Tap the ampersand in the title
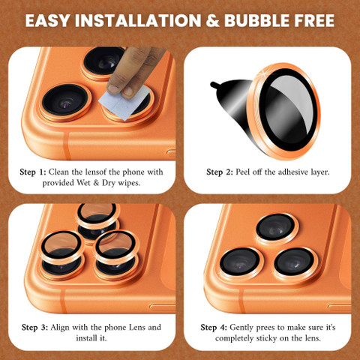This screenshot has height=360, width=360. coord(212,20)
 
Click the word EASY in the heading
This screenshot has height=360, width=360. coord(47,20)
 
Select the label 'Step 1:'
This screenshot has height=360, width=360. coord(33,172)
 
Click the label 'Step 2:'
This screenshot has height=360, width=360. coord(220,172)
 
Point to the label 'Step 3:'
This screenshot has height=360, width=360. coord(34,327)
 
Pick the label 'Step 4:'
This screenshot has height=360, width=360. coord(214,327)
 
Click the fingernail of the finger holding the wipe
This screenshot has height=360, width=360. coord(128,91)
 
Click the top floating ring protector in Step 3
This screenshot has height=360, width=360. coord(97,214)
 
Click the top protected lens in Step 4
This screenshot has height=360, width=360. coord(277,228)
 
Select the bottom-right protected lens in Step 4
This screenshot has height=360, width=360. coord(295,263)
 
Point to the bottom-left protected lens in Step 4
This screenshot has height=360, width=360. coord(241,262)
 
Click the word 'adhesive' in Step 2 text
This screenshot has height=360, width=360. coord(292,172)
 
